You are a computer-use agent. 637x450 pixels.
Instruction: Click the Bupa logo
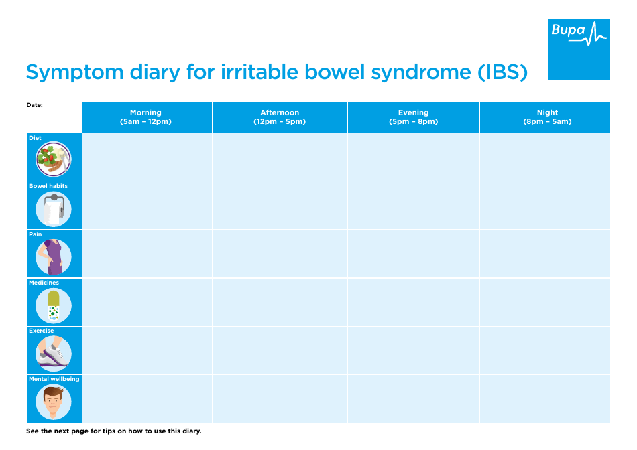579,49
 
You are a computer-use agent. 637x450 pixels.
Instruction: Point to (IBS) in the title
502,72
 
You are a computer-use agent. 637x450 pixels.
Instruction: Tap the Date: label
34,105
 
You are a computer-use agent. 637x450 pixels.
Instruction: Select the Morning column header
146,117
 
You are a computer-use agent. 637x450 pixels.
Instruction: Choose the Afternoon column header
280,117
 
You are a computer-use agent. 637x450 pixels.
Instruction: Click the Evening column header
413,117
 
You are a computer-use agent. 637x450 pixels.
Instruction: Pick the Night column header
547,117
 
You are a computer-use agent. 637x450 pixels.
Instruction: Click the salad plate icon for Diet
54,159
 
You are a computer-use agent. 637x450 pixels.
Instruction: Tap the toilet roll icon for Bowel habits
54,209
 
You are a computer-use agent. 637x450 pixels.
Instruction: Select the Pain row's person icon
54,257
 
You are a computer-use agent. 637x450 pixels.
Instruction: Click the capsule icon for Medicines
54,305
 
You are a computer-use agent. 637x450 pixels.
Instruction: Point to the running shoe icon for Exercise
54,354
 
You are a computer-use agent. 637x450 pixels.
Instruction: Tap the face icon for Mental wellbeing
54,402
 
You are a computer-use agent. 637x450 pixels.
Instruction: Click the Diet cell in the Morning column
147,157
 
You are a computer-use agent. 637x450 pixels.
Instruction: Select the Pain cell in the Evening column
413,253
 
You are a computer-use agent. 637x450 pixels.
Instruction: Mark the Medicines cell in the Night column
544,302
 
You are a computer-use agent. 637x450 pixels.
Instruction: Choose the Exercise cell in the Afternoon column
280,350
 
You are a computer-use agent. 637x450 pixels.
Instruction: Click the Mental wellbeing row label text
54,379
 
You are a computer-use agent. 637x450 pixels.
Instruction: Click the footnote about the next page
113,431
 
